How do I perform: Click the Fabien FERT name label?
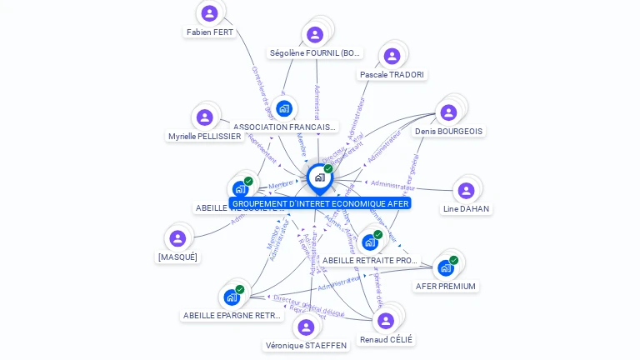(210, 32)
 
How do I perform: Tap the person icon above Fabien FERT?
(209, 12)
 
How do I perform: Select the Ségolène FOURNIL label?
(315, 53)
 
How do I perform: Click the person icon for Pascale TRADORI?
(392, 56)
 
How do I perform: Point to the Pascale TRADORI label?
(392, 75)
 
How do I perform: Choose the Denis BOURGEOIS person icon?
(448, 112)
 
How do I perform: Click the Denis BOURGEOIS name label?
(448, 132)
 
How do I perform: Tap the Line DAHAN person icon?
(466, 191)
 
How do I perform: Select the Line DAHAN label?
(466, 209)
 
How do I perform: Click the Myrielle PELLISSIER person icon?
(205, 117)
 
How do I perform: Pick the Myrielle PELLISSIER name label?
(205, 137)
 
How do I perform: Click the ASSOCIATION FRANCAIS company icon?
(284, 108)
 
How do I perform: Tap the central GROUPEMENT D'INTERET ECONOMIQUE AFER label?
(321, 203)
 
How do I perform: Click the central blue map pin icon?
(319, 177)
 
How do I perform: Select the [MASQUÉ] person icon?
(177, 238)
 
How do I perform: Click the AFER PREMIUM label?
(446, 287)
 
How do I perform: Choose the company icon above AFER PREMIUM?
(446, 267)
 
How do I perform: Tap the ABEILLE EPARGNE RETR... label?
(232, 316)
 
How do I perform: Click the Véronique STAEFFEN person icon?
(306, 327)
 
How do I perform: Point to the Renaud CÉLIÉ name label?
(386, 340)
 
